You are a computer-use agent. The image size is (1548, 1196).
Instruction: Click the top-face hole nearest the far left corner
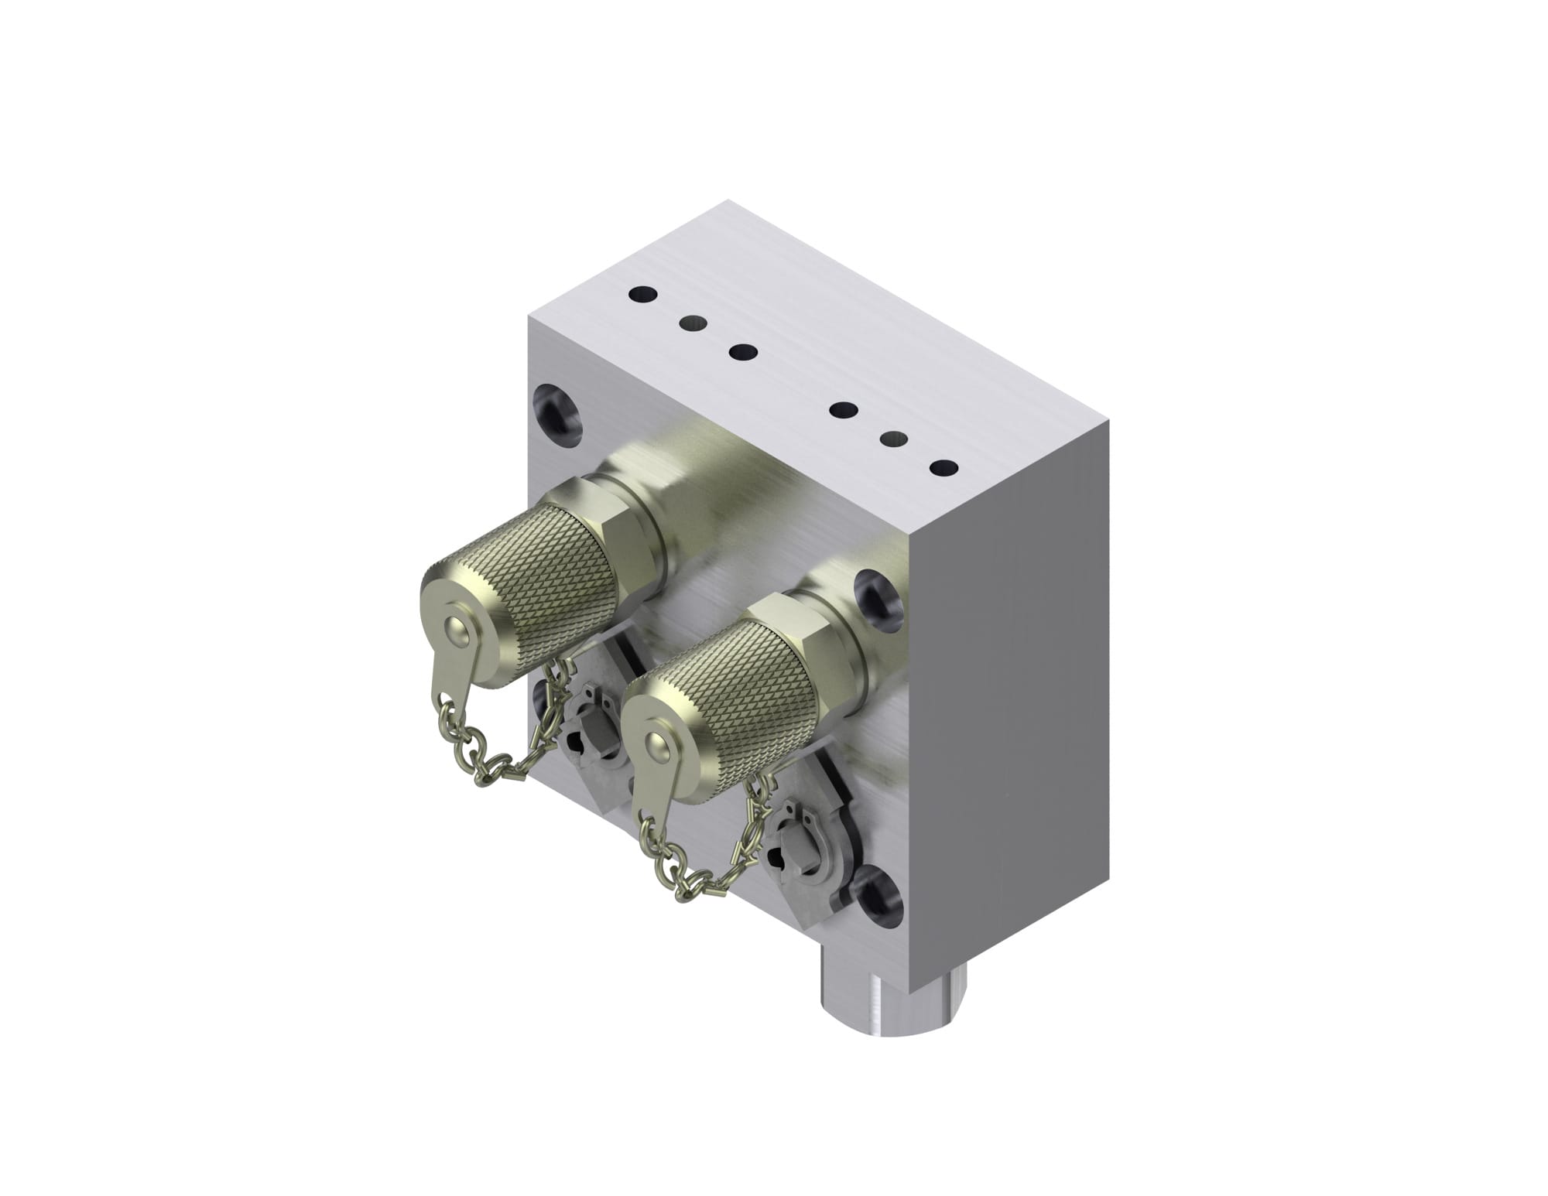643,294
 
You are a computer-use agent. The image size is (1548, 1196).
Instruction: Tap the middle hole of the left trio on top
693,322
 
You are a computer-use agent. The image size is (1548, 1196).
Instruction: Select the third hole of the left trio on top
743,353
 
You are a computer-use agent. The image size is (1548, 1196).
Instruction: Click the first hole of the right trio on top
842,409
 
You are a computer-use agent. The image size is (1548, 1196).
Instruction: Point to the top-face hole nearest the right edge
944,468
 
